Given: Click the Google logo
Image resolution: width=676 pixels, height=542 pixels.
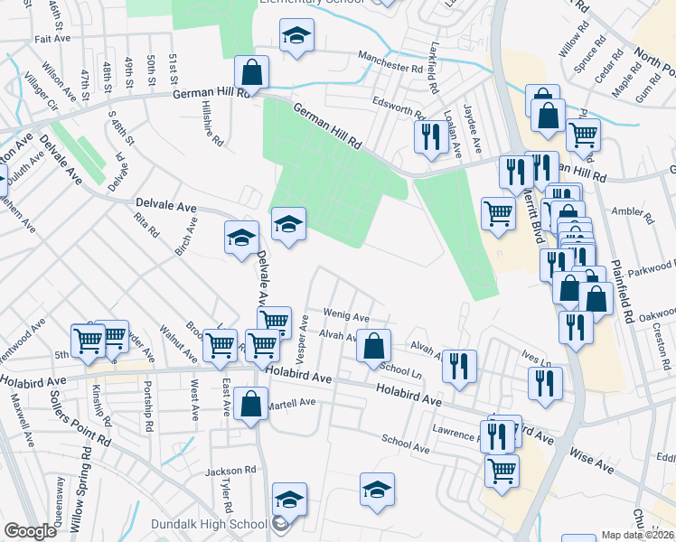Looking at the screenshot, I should [x=30, y=531].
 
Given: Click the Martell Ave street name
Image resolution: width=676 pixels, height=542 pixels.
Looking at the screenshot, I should [x=291, y=403].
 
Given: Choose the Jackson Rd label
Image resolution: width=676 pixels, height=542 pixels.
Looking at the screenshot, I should [x=225, y=471].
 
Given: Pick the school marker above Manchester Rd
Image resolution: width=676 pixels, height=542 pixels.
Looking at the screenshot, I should [x=296, y=36].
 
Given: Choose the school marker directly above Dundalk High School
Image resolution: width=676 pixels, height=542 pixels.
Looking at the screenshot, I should [x=289, y=499].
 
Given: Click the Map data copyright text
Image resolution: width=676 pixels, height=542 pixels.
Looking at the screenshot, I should [x=639, y=535].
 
